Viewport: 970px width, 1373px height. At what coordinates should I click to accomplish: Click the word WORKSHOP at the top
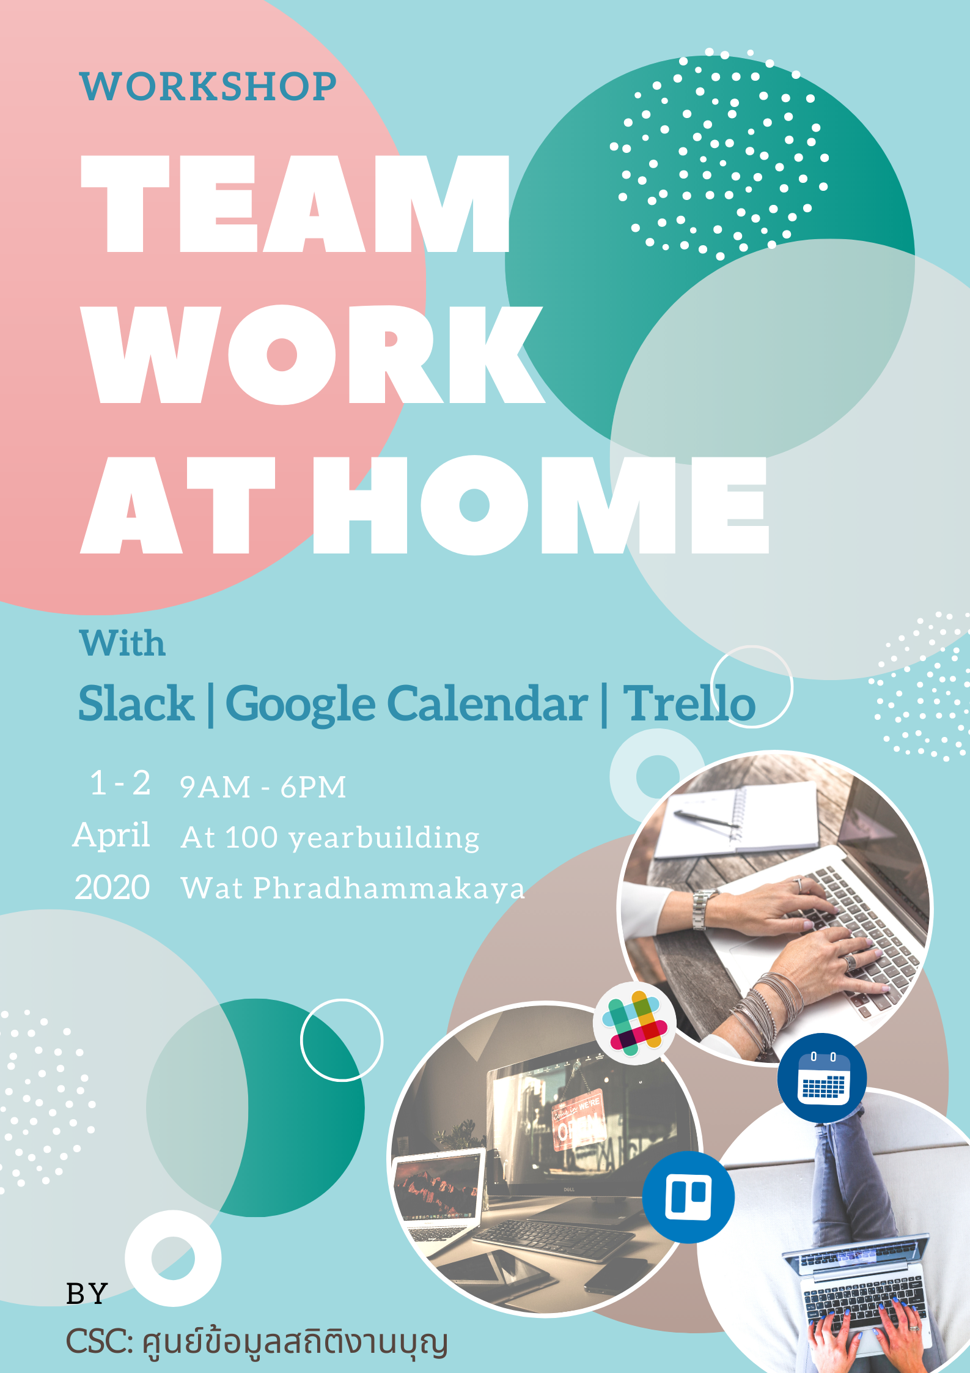click(x=208, y=86)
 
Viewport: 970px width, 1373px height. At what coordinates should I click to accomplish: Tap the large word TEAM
click(x=295, y=203)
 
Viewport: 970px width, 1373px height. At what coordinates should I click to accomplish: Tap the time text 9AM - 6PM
click(x=263, y=787)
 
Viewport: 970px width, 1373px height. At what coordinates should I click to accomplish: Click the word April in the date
click(x=111, y=835)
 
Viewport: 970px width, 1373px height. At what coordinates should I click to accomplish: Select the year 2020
click(x=112, y=887)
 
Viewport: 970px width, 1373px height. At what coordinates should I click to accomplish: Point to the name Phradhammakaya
click(x=389, y=888)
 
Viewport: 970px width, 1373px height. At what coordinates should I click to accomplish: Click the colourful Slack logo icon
click(x=634, y=1023)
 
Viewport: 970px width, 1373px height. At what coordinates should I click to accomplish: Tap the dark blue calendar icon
click(x=822, y=1078)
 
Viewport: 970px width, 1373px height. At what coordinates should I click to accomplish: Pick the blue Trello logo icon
click(x=688, y=1196)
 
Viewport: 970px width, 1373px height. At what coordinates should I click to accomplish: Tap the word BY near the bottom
click(x=87, y=1293)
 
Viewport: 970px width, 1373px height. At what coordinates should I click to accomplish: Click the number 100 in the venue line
click(x=251, y=837)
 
